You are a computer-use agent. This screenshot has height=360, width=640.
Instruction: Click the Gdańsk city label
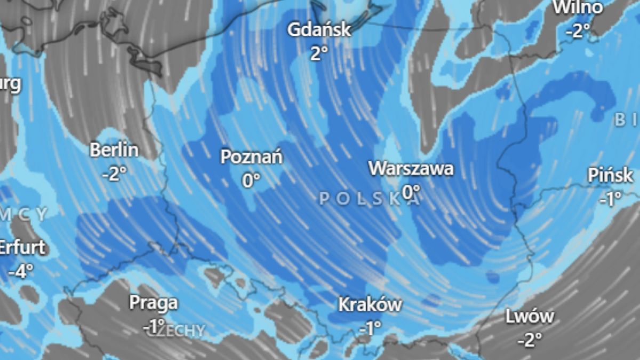[319, 29]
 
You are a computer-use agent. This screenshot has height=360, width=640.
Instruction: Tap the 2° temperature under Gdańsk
[319, 52]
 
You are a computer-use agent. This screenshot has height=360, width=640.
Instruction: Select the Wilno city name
[578, 7]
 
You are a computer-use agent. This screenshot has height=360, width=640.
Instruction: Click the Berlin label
[114, 150]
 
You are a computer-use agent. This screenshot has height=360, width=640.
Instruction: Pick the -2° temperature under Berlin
[114, 173]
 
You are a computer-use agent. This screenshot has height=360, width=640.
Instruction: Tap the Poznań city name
[252, 157]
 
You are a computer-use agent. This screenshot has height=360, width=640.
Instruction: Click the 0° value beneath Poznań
[251, 181]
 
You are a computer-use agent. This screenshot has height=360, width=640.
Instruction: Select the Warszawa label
[411, 169]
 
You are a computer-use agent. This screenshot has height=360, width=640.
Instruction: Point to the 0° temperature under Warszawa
[411, 190]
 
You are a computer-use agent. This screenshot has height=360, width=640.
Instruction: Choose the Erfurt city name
[22, 248]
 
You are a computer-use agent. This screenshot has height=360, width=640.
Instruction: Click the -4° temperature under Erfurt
[21, 271]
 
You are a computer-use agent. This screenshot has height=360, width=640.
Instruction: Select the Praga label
[154, 303]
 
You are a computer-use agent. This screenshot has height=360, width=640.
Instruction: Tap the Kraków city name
[370, 305]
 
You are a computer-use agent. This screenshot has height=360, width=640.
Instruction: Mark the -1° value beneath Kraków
[370, 328]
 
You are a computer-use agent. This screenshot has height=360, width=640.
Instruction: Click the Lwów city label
[530, 317]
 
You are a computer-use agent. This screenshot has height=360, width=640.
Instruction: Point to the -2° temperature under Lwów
[530, 339]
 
